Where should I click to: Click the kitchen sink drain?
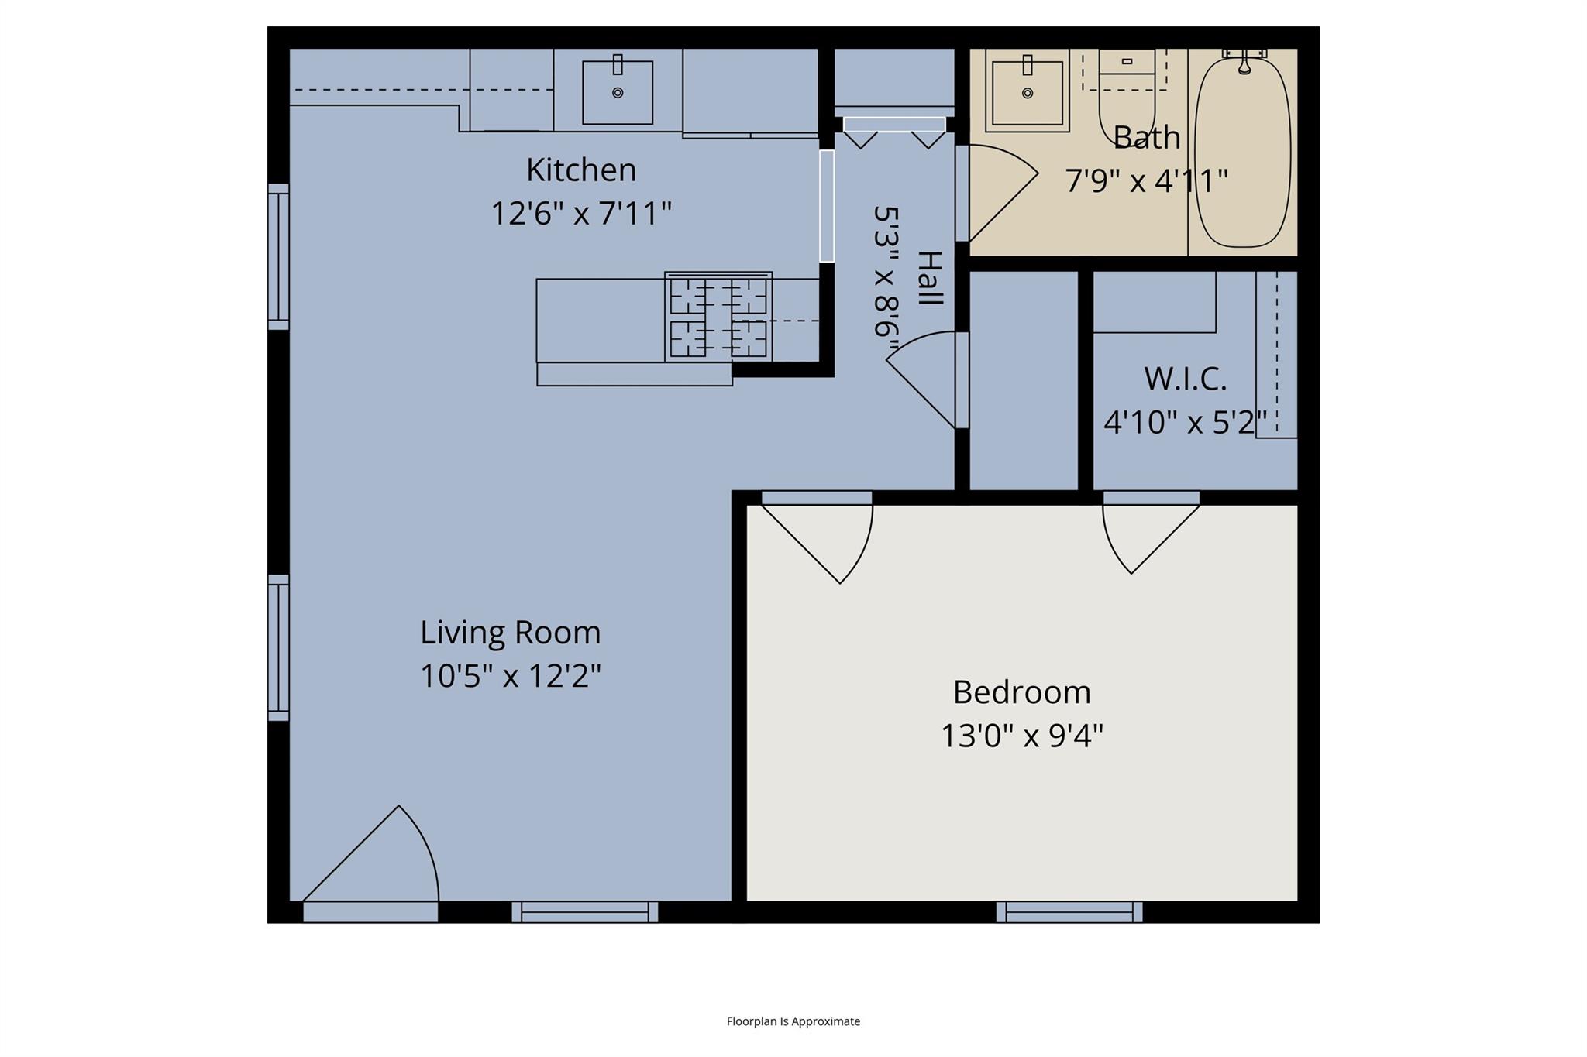click(618, 93)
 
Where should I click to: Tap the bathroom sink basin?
click(1028, 92)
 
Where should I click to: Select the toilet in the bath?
click(1127, 97)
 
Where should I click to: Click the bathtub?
click(1243, 151)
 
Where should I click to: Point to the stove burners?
click(718, 317)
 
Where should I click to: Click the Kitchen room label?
click(581, 170)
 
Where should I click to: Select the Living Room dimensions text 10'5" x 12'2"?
click(511, 676)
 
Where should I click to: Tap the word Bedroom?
click(1021, 692)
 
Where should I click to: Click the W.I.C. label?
click(1185, 379)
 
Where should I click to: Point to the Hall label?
click(929, 277)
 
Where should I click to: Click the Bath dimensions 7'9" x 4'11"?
click(1146, 181)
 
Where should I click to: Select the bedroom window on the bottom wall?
click(1069, 912)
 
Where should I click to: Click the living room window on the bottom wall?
click(585, 912)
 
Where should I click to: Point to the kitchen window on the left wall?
click(279, 256)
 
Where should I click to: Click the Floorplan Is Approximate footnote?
click(793, 1021)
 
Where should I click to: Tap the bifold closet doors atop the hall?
click(894, 132)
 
